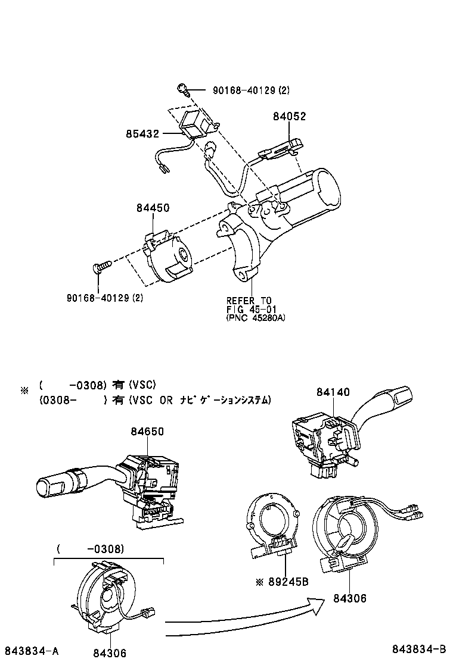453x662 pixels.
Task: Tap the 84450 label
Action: pyautogui.click(x=153, y=208)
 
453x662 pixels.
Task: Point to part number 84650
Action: pyautogui.click(x=147, y=432)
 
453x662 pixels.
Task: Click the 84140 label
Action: pyautogui.click(x=333, y=393)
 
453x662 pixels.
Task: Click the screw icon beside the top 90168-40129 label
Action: pyautogui.click(x=183, y=90)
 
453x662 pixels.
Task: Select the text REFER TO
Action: pyautogui.click(x=249, y=301)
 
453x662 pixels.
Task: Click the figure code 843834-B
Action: pyautogui.click(x=419, y=648)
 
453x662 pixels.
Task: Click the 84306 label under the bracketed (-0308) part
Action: pyautogui.click(x=110, y=653)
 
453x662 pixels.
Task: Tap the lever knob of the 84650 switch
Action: pyautogui.click(x=51, y=485)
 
